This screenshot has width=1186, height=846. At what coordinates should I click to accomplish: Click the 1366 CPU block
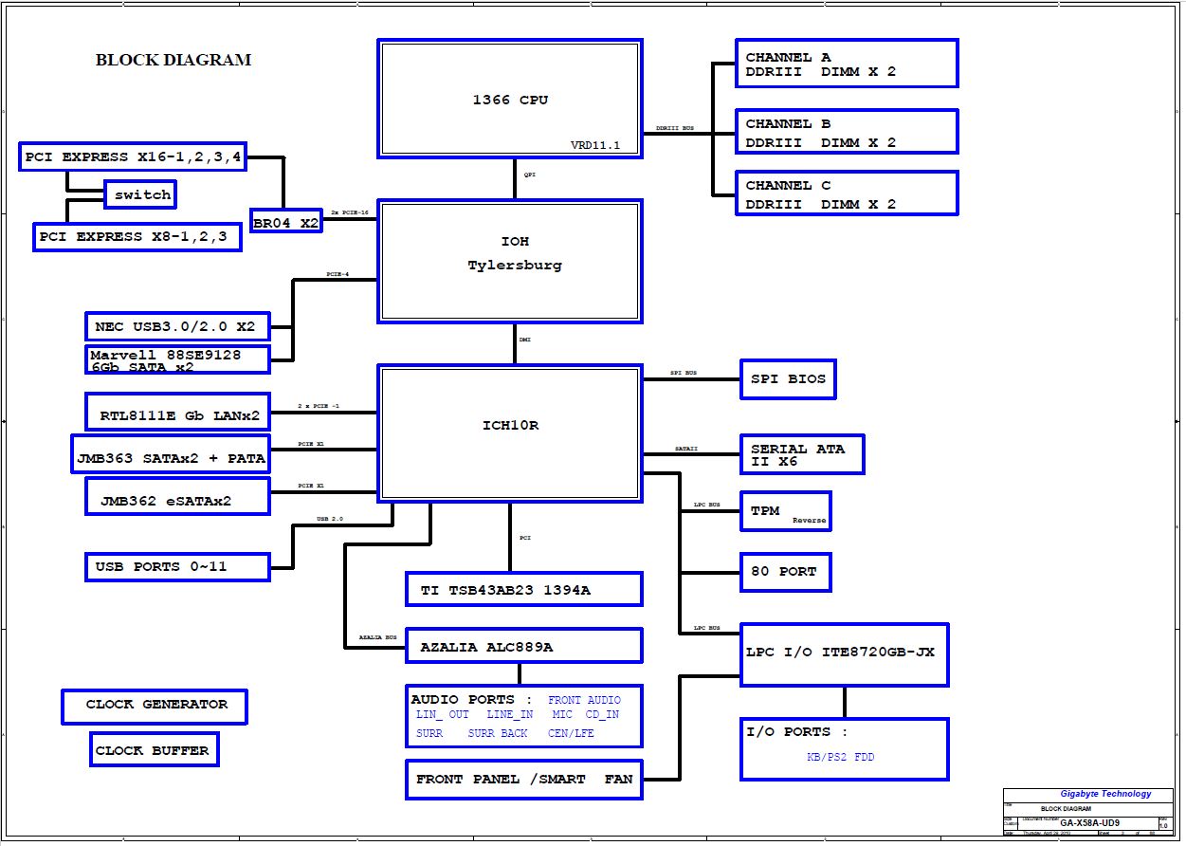point(510,99)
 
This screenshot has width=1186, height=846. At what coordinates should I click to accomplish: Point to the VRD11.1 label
point(594,145)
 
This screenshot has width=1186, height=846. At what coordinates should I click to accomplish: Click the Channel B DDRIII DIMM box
point(847,132)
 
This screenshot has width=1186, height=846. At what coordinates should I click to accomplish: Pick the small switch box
point(140,195)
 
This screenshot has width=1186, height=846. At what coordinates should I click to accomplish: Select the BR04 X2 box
point(285,223)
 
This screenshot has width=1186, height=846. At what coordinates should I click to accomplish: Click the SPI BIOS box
point(788,379)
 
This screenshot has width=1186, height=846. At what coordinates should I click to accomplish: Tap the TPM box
point(785,512)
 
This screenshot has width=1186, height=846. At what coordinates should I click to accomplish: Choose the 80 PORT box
point(785,572)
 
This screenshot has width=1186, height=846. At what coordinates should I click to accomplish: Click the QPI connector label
point(529,175)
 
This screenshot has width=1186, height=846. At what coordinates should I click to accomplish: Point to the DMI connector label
point(524,340)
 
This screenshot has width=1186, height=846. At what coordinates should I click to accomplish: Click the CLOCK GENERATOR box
point(155,706)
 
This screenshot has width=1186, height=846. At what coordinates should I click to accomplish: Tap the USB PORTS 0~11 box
point(176,567)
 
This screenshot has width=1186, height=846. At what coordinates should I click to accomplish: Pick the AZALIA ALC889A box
point(523,647)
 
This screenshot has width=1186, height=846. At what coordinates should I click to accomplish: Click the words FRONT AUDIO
point(584,701)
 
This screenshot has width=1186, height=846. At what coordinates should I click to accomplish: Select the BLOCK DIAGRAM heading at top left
point(173,60)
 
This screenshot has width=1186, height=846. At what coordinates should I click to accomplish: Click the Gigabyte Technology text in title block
point(1105,794)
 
